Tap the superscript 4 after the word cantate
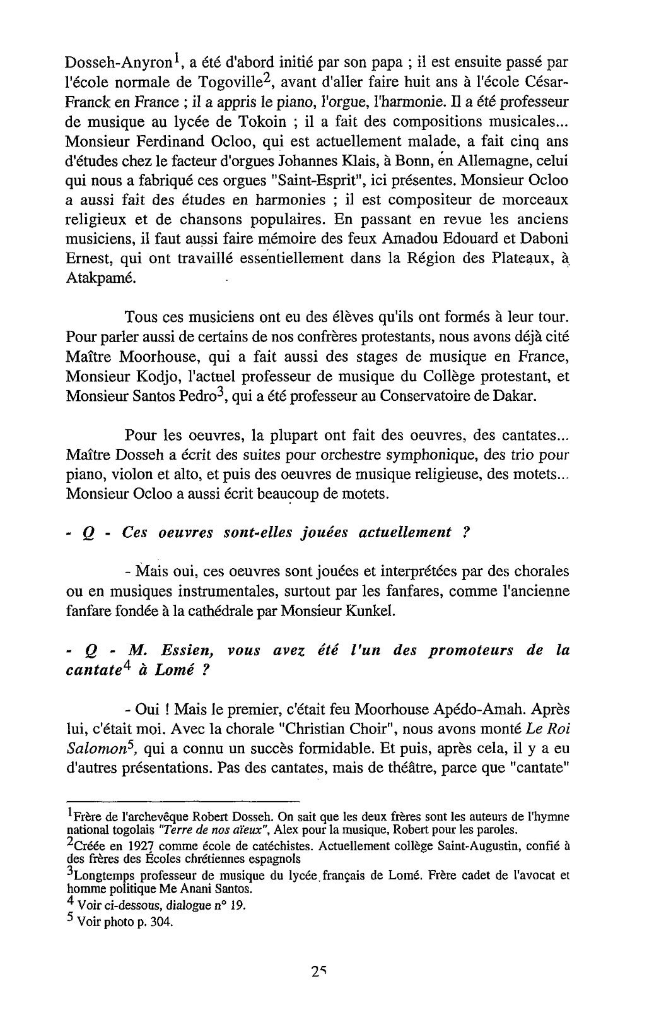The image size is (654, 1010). pos(126,667)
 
